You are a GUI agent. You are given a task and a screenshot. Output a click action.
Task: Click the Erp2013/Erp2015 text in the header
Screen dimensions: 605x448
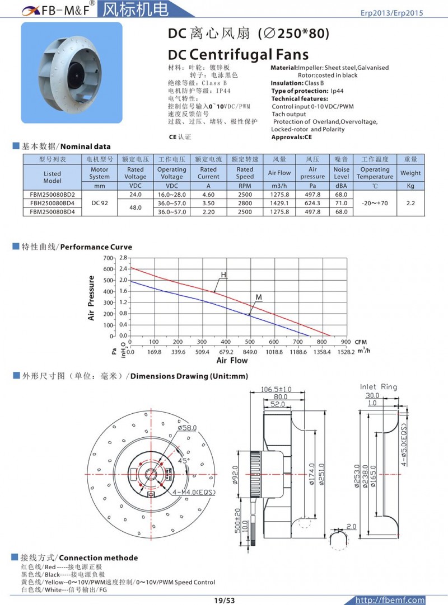point(391,13)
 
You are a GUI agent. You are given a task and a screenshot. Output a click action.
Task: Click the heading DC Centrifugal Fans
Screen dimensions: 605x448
point(238,54)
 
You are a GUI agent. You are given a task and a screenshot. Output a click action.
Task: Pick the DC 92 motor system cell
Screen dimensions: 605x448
point(100,203)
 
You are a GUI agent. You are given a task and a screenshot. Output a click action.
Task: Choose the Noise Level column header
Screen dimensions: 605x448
point(341,173)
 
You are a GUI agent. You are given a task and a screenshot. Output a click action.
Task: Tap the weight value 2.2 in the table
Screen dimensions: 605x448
point(410,203)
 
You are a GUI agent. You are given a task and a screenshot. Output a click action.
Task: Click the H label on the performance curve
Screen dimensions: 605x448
point(223,275)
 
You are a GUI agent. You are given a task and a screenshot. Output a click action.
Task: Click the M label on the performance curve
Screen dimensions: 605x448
point(258,296)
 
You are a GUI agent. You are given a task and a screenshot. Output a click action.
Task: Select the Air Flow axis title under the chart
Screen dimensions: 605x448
point(232,361)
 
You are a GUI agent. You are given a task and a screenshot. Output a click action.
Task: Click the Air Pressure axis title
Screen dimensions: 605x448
point(91,298)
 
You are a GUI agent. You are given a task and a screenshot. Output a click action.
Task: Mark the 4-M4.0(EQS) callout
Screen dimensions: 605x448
point(194,491)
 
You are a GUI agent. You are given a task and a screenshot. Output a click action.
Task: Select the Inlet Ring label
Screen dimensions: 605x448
point(379,386)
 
